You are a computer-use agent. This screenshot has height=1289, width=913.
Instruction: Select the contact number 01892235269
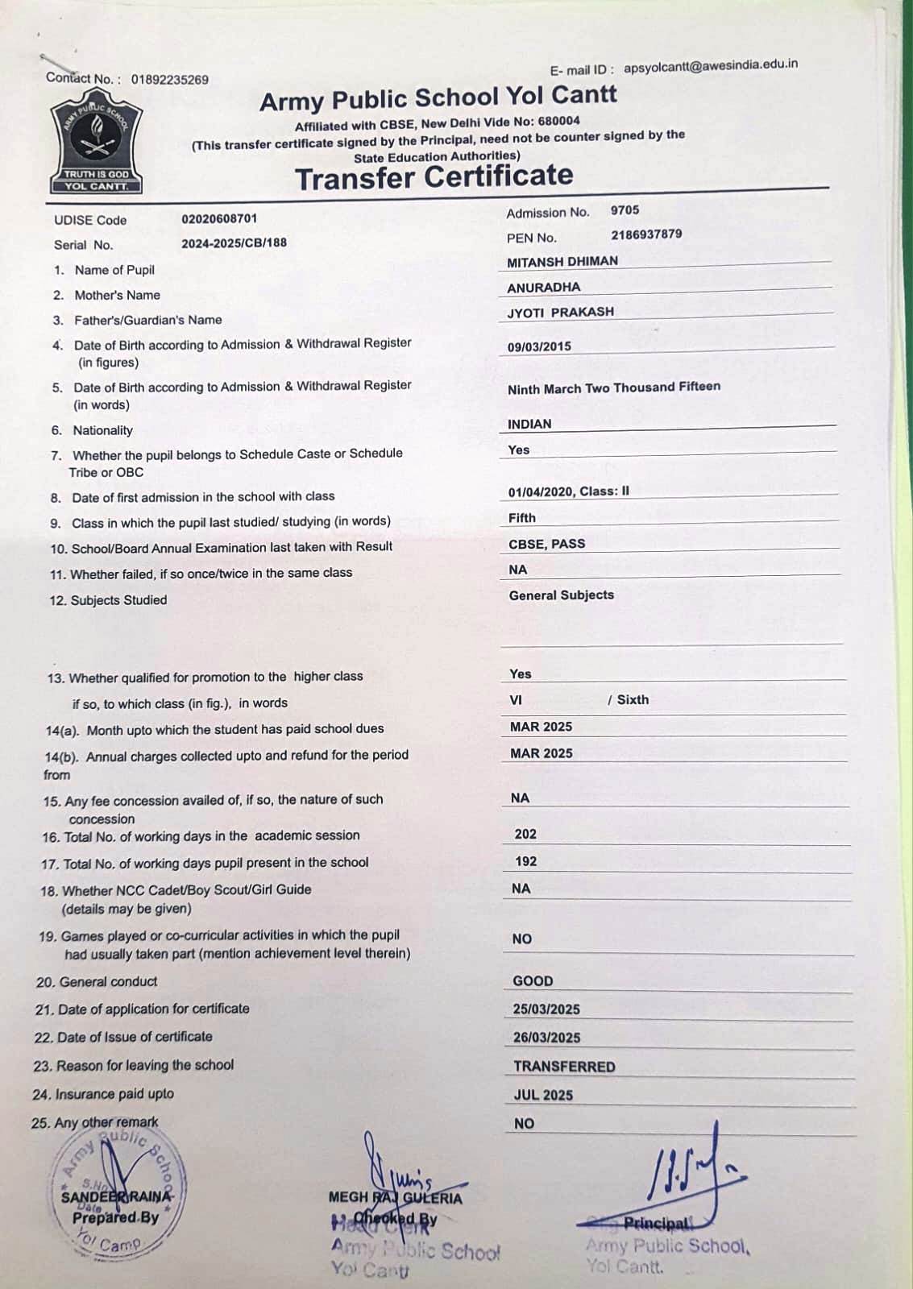[x=169, y=80]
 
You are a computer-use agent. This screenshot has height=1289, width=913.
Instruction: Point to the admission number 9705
[x=625, y=210]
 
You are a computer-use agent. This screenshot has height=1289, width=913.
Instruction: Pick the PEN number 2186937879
[x=646, y=234]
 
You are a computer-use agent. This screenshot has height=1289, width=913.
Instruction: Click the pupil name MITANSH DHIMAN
[x=562, y=262]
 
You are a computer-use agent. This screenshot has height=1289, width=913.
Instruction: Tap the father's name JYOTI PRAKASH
[x=560, y=312]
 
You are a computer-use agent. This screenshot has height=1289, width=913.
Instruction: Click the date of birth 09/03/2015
[x=539, y=346]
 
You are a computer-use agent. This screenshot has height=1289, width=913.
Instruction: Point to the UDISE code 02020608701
[x=219, y=218]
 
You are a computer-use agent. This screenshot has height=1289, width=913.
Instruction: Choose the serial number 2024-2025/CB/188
[x=234, y=242]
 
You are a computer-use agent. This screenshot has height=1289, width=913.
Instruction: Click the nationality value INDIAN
[x=529, y=424]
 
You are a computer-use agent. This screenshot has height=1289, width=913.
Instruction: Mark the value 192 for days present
[x=525, y=861]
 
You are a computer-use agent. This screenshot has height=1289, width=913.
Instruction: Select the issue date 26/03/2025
[x=546, y=1038]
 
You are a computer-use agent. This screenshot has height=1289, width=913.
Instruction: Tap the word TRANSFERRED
[x=564, y=1067]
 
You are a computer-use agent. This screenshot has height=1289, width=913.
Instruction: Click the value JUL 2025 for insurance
[x=543, y=1095]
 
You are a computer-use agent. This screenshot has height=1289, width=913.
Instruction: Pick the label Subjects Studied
[x=118, y=600]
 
